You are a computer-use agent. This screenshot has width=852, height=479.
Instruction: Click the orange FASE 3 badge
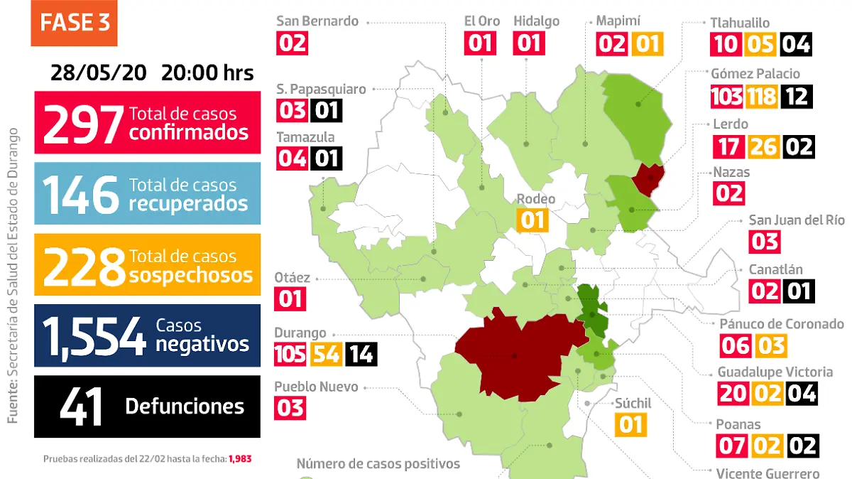75,23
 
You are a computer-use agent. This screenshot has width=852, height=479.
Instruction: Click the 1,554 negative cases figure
94,335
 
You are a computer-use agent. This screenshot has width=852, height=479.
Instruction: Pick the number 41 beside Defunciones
82,407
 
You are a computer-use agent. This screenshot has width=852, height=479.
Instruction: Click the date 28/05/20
99,73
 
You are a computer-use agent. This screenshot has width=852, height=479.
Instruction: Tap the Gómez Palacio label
755,74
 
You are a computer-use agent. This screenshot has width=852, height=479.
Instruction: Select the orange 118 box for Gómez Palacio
762,96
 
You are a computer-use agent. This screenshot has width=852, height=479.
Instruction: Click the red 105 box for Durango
290,353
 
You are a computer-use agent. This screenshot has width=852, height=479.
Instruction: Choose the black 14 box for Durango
361,353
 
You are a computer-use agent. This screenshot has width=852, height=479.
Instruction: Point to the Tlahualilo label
740,23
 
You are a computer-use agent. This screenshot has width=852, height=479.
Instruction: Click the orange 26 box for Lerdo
762,147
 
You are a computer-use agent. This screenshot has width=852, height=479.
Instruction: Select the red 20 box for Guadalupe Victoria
732,392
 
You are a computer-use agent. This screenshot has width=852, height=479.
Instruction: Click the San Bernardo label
317,21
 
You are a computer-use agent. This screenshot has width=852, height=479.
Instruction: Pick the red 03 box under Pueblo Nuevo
290,407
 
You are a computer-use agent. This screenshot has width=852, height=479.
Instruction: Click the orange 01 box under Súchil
630,424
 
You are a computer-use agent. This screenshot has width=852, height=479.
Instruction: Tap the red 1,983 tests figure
240,459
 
